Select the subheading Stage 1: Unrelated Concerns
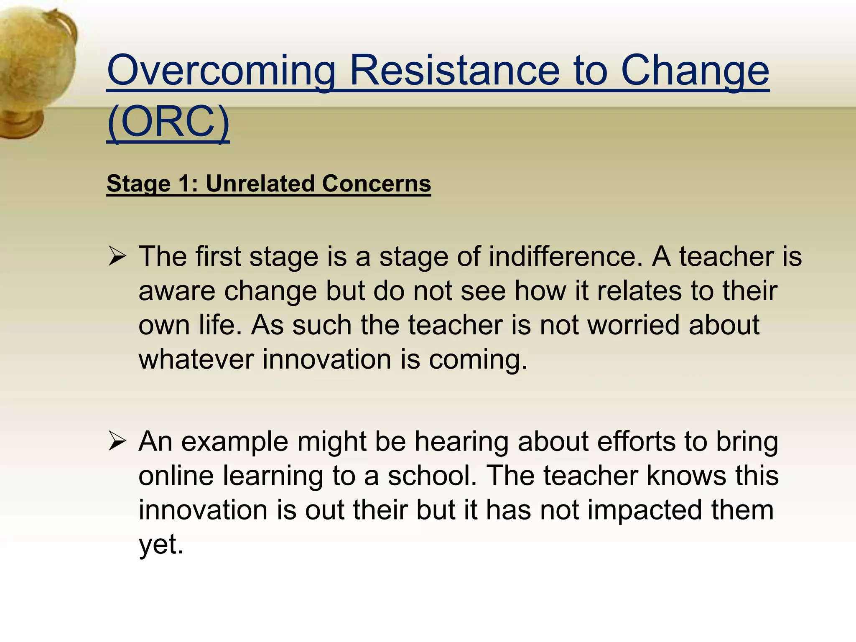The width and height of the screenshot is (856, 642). [x=268, y=183]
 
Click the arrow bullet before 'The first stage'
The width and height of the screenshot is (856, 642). [x=117, y=256]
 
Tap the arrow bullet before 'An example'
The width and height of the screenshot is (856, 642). [x=117, y=441]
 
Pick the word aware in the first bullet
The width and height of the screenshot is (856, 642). [x=177, y=291]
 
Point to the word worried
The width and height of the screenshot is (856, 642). [x=633, y=325]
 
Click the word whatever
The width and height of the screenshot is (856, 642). [x=196, y=359]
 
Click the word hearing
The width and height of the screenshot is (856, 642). [x=461, y=441]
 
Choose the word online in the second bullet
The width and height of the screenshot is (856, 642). [x=176, y=476]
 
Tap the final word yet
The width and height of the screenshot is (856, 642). [x=160, y=544]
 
